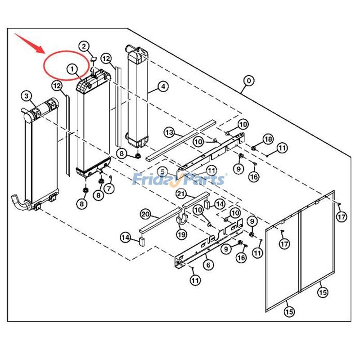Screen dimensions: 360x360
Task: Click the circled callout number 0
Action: [248, 81]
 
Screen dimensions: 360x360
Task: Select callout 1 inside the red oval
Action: [72, 69]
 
